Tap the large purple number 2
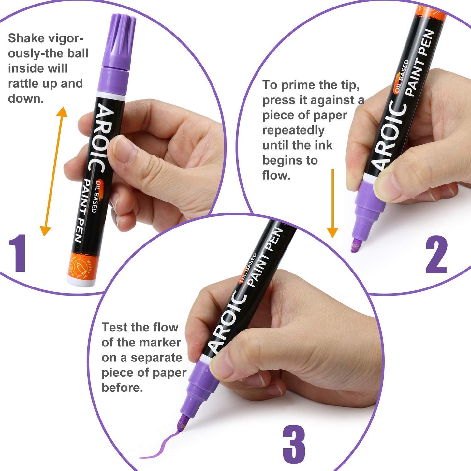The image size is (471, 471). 436,255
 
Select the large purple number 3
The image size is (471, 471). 294,445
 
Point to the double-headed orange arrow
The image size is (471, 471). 54,171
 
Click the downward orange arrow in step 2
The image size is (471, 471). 332,204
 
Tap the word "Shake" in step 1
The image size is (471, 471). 26,38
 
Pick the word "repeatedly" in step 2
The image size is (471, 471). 293,130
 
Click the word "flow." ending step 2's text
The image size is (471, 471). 276,175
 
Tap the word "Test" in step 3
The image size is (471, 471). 114,327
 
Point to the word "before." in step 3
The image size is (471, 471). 122,388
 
